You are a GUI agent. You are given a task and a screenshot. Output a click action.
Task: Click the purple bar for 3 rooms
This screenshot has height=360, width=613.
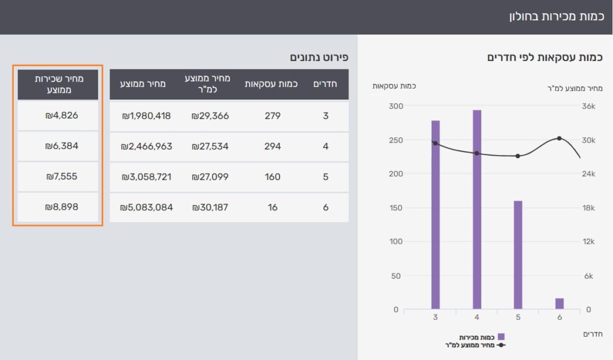click(436, 215)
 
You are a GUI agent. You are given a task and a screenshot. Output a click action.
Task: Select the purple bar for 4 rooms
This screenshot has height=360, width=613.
click(477, 209)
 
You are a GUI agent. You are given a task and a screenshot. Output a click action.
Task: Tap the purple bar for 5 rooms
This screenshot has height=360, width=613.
click(518, 255)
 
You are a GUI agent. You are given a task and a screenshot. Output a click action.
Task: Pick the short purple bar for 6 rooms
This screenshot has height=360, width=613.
click(560, 304)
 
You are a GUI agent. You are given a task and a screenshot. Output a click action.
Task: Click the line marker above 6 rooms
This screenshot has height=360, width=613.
click(560, 138)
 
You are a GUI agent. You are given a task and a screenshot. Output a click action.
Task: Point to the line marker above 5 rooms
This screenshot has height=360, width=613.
click(518, 156)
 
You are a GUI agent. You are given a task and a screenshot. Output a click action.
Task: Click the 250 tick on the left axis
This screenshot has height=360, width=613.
click(396, 140)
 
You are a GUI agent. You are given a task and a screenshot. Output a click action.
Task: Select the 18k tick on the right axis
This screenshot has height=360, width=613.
click(588, 208)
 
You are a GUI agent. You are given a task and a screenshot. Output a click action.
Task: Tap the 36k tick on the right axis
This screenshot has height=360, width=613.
click(588, 106)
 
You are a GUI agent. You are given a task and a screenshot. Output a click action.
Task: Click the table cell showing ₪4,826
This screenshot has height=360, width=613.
click(58, 116)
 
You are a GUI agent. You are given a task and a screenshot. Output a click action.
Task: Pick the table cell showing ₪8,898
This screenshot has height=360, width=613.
click(58, 207)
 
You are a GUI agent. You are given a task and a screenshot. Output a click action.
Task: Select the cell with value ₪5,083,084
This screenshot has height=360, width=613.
click(146, 207)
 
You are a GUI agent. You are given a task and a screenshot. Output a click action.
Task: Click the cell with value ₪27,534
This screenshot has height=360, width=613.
click(210, 146)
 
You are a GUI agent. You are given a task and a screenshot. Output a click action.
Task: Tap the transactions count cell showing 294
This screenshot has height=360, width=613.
click(272, 146)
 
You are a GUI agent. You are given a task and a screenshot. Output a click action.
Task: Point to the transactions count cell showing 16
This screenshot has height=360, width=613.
click(272, 207)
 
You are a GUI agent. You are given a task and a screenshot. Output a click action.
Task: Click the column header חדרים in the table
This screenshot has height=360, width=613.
click(325, 84)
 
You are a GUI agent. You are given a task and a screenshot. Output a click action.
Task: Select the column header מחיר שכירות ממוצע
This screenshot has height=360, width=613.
click(59, 84)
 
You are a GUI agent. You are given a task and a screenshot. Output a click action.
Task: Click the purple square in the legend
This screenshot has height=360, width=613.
click(501, 337)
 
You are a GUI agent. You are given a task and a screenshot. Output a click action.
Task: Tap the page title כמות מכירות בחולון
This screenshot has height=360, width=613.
click(556, 16)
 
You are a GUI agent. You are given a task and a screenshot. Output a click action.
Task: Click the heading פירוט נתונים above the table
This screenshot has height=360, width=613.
click(319, 57)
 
